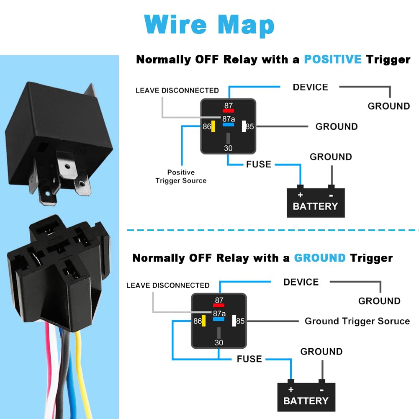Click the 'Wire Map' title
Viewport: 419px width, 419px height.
pyautogui.click(x=209, y=25)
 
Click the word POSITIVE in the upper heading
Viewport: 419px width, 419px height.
pyautogui.click(x=332, y=59)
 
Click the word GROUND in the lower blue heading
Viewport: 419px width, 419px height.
pyautogui.click(x=320, y=258)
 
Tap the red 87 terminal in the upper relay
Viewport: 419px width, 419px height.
pyautogui.click(x=228, y=111)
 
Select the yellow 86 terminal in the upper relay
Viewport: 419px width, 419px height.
pyautogui.click(x=213, y=126)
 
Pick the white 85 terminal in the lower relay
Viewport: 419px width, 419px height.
pyautogui.click(x=234, y=321)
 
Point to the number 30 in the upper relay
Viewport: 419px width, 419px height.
pyautogui.click(x=228, y=148)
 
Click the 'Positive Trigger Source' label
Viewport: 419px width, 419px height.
pyautogui.click(x=181, y=177)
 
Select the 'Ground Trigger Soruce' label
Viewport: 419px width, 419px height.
pyautogui.click(x=357, y=321)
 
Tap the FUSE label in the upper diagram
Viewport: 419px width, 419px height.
pyautogui.click(x=258, y=164)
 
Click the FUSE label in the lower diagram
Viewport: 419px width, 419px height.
pyautogui.click(x=249, y=359)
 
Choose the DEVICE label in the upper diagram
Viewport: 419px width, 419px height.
pyautogui.click(x=310, y=87)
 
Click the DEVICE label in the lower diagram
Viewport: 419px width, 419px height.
pyautogui.click(x=301, y=282)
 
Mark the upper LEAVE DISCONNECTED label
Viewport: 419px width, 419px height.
pyautogui.click(x=177, y=90)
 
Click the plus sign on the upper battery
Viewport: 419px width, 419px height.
pyautogui.click(x=300, y=195)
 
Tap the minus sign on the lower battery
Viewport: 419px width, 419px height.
pyautogui.click(x=321, y=389)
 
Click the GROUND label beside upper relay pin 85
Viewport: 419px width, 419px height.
pyautogui.click(x=336, y=126)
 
